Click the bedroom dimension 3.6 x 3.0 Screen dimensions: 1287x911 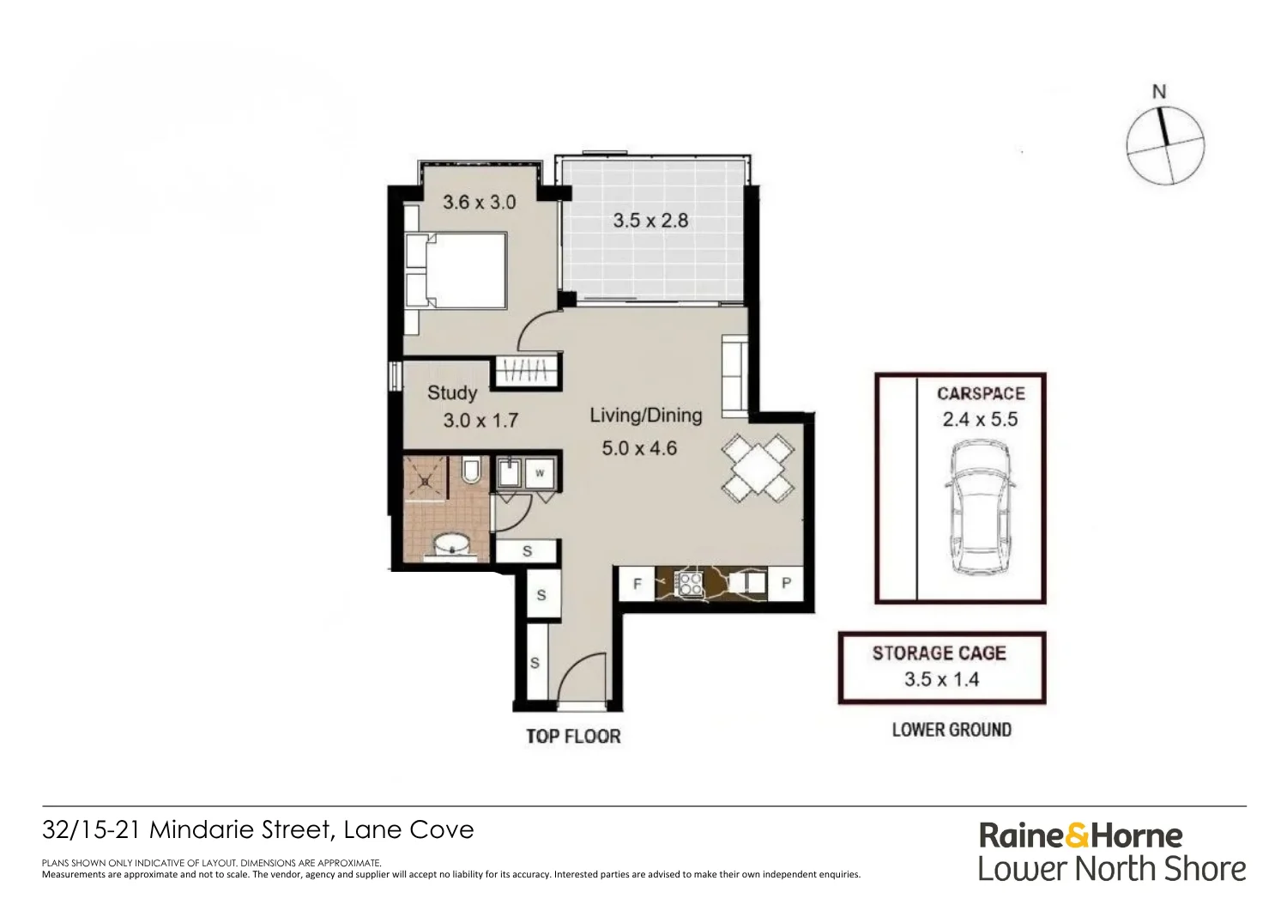point(479,202)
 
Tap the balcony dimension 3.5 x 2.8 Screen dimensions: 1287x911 point(650,221)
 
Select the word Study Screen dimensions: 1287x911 point(452,393)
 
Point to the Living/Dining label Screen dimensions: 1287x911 point(646,416)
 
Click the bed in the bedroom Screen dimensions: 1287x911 point(456,270)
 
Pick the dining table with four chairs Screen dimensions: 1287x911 point(758,467)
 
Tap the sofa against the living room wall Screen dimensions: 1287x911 point(734,378)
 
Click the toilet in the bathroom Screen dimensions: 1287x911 point(471,470)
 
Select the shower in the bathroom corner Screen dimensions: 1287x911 point(426,479)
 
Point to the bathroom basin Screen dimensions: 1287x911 point(451,544)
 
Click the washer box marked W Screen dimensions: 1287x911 point(540,473)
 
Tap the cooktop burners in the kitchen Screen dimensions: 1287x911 point(688,583)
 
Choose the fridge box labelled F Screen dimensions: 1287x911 point(637,584)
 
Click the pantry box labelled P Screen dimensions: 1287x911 point(785,583)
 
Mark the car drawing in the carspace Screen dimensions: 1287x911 point(980,507)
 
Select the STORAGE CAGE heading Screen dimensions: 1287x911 point(940,653)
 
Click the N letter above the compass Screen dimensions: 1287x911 point(1159,92)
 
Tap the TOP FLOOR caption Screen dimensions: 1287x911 point(573,737)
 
